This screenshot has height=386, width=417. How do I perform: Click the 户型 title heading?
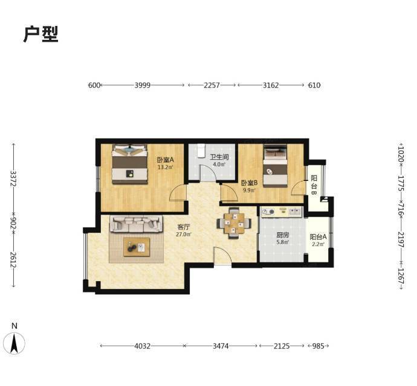pyautogui.click(x=41, y=34)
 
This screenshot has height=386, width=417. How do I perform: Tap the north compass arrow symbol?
pyautogui.click(x=14, y=343)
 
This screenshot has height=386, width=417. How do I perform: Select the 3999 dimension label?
pyautogui.click(x=142, y=85)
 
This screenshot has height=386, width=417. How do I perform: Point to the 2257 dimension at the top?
pyautogui.click(x=212, y=85)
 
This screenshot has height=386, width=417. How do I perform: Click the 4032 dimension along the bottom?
pyautogui.click(x=142, y=346)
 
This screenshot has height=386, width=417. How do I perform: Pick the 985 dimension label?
pyautogui.click(x=318, y=346)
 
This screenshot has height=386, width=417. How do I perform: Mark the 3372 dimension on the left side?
pyautogui.click(x=13, y=179)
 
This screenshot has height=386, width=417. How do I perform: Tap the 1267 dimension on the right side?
pyautogui.click(x=401, y=276)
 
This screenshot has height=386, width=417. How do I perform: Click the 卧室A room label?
pyautogui.click(x=165, y=160)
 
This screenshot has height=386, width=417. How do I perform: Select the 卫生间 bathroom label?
pyautogui.click(x=219, y=157)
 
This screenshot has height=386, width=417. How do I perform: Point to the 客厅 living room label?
pyautogui.click(x=184, y=227)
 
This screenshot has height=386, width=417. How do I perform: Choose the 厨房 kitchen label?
pyautogui.click(x=282, y=235)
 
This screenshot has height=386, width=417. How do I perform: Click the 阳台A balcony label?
pyautogui.click(x=318, y=236)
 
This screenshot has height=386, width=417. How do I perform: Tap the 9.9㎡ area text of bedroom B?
pyautogui.click(x=249, y=190)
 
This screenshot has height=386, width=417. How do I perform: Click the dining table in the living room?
pyautogui.click(x=234, y=223)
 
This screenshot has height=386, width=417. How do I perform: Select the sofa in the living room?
pyautogui.click(x=136, y=224)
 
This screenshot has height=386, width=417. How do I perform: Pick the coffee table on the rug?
pyautogui.click(x=137, y=247)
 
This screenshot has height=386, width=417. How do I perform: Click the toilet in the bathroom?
pyautogui.click(x=201, y=151)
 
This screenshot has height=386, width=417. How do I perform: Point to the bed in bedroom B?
pyautogui.click(x=275, y=166)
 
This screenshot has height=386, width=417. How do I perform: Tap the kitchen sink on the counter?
pyautogui.click(x=294, y=212)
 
